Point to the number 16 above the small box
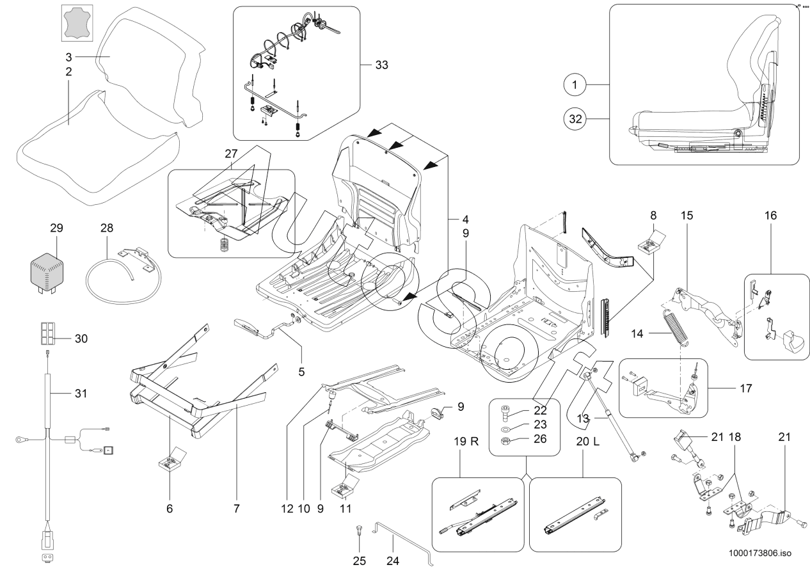(770, 216)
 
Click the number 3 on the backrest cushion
(68, 56)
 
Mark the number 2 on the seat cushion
(68, 72)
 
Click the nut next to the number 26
(503, 441)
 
